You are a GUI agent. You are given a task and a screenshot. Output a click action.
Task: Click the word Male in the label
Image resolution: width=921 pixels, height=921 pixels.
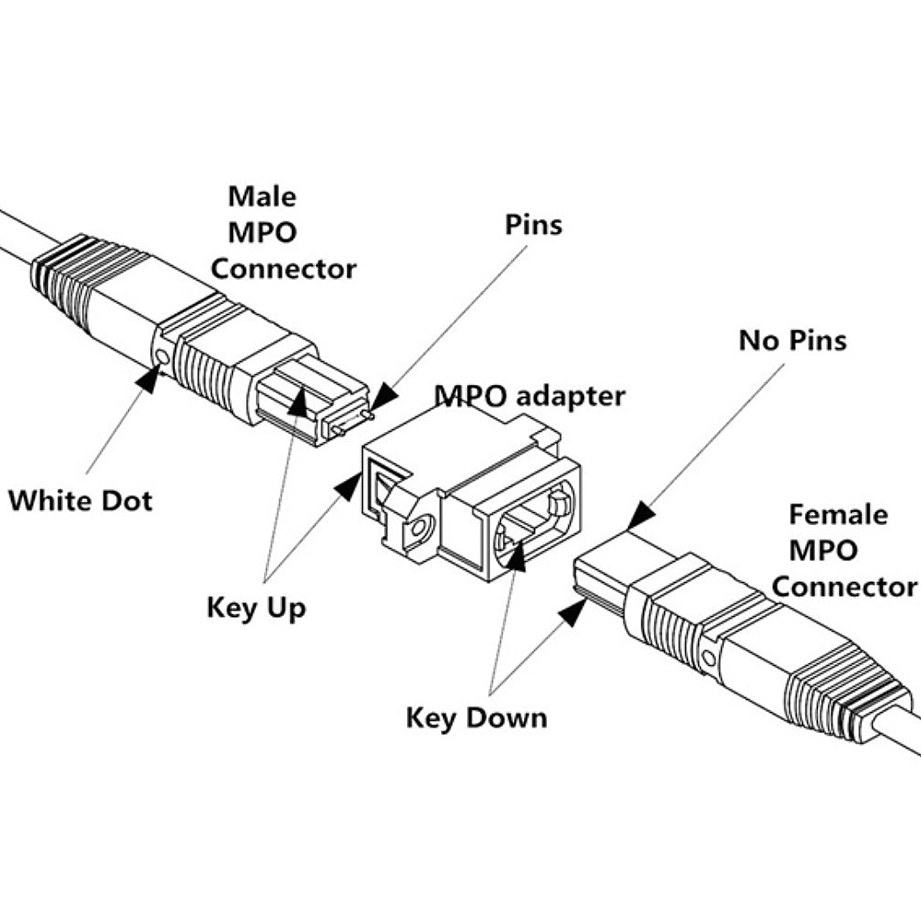262,196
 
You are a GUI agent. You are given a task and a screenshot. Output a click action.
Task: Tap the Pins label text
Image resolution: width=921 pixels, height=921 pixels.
533,224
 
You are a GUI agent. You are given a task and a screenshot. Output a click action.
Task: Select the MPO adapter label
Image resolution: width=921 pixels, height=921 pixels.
530,397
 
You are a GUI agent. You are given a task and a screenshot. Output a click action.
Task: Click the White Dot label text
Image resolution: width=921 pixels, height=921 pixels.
80,500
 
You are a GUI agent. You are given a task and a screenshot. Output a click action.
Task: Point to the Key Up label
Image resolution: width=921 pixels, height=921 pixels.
256,607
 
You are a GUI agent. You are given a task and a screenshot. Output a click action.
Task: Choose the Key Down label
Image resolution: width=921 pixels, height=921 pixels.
476,717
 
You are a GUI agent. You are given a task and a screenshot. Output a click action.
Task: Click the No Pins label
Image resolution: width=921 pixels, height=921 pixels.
792,341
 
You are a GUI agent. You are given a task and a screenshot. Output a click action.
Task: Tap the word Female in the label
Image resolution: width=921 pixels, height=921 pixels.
838,514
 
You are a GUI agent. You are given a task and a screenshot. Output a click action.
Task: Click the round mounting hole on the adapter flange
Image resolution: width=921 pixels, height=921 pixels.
420,530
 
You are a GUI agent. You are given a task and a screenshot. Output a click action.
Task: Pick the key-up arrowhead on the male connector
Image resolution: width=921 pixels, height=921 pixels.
297,402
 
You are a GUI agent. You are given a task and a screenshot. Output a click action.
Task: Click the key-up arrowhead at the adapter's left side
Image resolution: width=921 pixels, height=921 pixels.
348,484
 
